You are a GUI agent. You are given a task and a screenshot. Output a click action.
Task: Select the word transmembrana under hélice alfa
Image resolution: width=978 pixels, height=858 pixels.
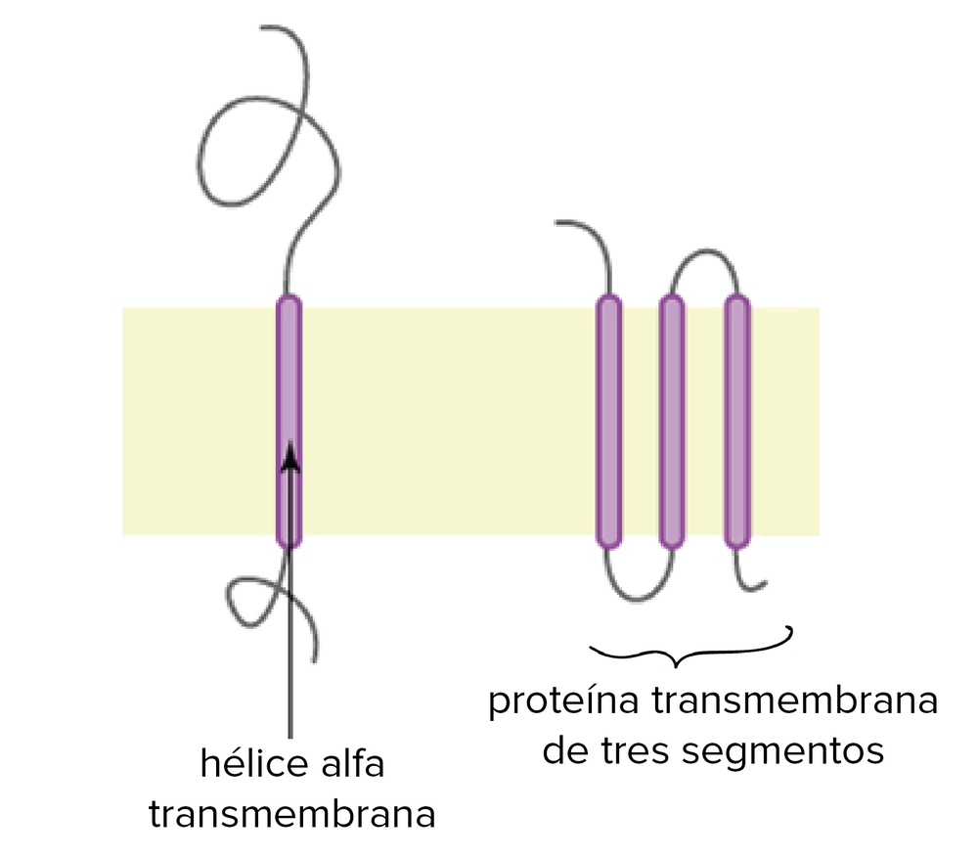291,814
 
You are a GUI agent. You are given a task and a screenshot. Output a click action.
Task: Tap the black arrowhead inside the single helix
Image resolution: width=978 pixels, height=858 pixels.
289,456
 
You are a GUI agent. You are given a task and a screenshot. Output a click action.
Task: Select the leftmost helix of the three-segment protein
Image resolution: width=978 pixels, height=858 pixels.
608,421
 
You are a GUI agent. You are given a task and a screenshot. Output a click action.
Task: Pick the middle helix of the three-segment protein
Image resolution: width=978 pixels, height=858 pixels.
671,421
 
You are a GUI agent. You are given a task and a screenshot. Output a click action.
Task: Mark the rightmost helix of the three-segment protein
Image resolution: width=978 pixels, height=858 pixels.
736,421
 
